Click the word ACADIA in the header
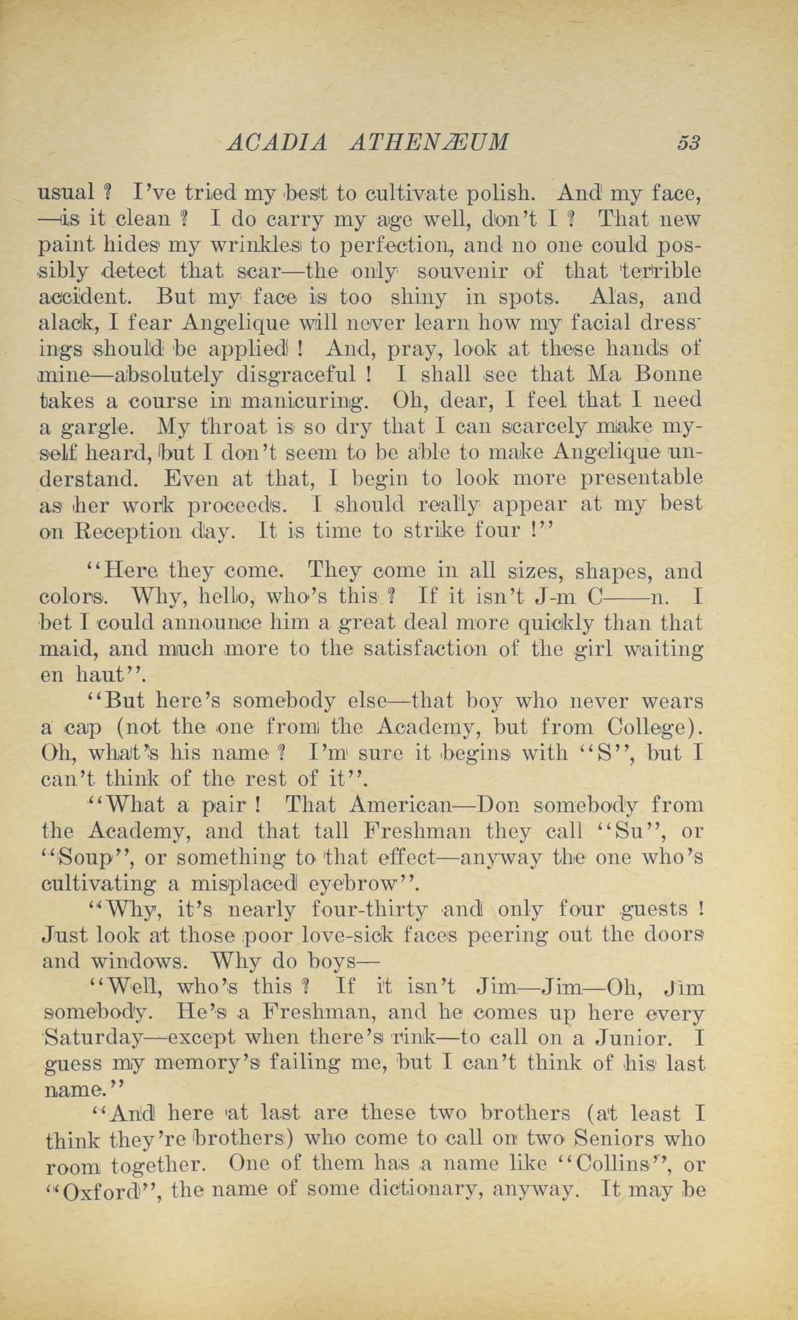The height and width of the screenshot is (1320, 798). (277, 142)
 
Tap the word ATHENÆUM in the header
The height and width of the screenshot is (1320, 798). (428, 142)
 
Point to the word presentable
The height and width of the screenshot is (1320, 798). (642, 478)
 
